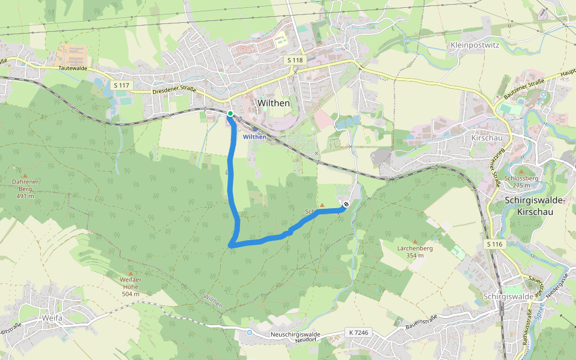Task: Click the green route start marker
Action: pos(230,113)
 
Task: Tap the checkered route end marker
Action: pos(346,205)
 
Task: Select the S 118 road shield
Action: pos(295,61)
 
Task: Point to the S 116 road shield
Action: pos(494,244)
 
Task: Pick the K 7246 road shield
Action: pos(358,332)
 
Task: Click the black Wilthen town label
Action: pos(274,103)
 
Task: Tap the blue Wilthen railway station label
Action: pos(254,137)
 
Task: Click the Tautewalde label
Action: pos(73,69)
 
